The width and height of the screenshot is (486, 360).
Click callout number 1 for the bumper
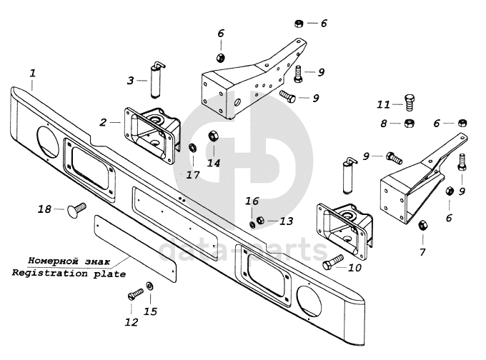[x=32, y=73]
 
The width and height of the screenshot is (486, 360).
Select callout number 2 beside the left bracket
[x=105, y=122]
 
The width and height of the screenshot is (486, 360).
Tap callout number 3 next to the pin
[x=131, y=81]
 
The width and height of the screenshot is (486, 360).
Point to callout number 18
[x=44, y=209]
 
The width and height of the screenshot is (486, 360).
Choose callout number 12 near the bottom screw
[x=131, y=322]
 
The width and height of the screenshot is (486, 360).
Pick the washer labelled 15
[x=149, y=287]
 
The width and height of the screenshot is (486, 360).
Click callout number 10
[x=354, y=269]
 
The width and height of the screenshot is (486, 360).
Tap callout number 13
[x=286, y=221]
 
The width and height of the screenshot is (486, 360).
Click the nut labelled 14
[x=212, y=136]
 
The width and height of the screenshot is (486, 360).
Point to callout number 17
[x=193, y=174]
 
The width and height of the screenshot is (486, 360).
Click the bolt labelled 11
[x=410, y=101]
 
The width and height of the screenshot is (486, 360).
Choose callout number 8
[x=384, y=124]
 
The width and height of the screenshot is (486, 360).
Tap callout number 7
[x=422, y=252]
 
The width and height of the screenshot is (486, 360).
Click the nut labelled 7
[x=422, y=226]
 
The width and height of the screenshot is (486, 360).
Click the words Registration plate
[x=69, y=273]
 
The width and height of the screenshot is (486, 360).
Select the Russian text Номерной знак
[x=69, y=261]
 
